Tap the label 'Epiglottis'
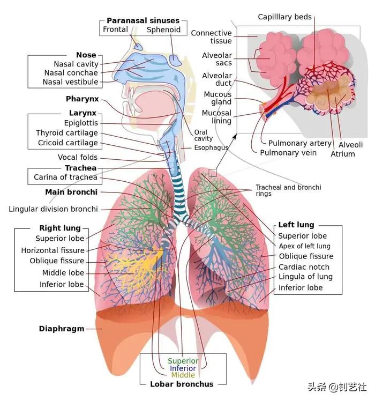pyautogui.click(x=80, y=123)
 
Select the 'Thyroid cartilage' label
pyautogui.click(x=67, y=133)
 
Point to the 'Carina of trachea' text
pyautogui.click(x=65, y=177)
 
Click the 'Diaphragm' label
pyautogui.click(x=62, y=329)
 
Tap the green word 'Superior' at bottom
pyautogui.click(x=183, y=361)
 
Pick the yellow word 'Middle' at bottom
pyautogui.click(x=183, y=375)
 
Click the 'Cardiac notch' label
pyautogui.click(x=304, y=267)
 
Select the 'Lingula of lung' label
pyautogui.click(x=305, y=277)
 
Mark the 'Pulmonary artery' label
pyautogui.click(x=299, y=143)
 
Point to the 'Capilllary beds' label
pyautogui.click(x=284, y=17)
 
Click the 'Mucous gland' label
pyautogui.click(x=217, y=98)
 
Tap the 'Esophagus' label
pyautogui.click(x=211, y=148)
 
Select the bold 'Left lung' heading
pyautogui.click(x=296, y=225)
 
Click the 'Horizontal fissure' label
pyautogui.click(x=52, y=250)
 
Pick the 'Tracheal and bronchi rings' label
pyautogui.click(x=288, y=190)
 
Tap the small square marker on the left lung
pyautogui.click(x=213, y=173)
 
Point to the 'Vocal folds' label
pyautogui.click(x=78, y=158)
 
